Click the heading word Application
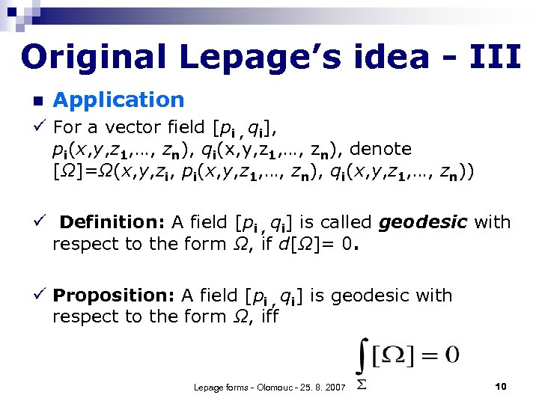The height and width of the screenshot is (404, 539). [x=118, y=100]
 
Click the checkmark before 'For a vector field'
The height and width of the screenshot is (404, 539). [x=37, y=126]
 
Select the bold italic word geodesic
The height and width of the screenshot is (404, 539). [x=424, y=222]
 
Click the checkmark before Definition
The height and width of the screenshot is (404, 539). [x=37, y=222]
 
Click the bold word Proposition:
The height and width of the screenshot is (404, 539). [x=115, y=296]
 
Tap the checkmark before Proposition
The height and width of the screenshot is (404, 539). [x=37, y=296]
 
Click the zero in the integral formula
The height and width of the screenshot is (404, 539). [x=452, y=354]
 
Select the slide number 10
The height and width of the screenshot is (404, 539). [x=501, y=386]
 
